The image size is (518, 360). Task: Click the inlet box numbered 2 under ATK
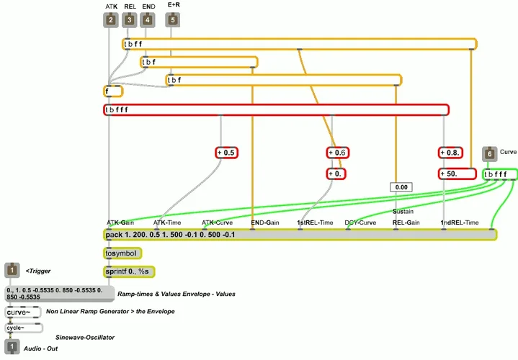111,20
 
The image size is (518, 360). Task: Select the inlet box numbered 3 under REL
129,20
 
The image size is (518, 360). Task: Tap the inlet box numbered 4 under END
148,20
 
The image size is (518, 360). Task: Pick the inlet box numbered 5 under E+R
172,20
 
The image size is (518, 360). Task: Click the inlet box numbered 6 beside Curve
490,153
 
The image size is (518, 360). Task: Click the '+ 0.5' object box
226,153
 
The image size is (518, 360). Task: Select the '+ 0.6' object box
337,153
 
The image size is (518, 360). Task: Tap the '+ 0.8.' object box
449,153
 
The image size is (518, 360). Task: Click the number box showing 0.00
401,187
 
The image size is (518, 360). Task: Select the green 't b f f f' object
500,174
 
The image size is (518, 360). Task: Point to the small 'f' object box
113,91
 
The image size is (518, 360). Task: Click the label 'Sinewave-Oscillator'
85,337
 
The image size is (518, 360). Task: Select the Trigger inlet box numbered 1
12,271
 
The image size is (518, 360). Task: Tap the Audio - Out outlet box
12,348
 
